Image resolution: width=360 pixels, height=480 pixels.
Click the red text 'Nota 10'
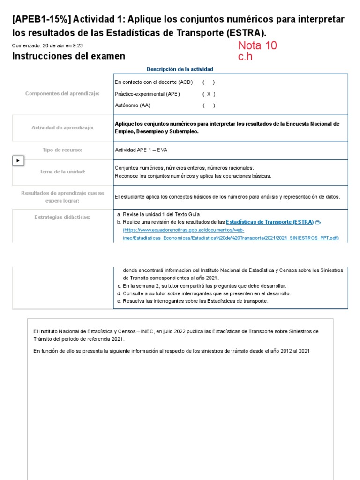click(x=257, y=45)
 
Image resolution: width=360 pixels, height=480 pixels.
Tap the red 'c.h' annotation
click(x=246, y=57)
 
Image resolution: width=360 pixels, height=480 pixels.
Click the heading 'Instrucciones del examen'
click(x=68, y=56)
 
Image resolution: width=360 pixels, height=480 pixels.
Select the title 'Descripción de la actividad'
click(x=180, y=69)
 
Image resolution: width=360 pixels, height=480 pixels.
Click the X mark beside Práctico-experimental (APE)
click(x=209, y=94)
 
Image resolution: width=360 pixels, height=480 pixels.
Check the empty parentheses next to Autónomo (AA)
click(x=209, y=105)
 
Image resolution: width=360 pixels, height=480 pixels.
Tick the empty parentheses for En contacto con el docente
click(x=209, y=82)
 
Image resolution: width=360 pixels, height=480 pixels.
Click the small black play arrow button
click(x=18, y=161)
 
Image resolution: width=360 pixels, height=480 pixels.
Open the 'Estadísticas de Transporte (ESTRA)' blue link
click(x=270, y=222)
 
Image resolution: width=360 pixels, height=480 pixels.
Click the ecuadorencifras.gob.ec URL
click(x=230, y=234)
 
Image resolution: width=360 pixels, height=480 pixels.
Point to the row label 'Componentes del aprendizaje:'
click(x=62, y=94)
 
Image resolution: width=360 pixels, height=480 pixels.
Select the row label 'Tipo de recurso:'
click(x=62, y=150)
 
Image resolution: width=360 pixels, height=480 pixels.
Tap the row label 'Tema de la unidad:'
click(x=62, y=172)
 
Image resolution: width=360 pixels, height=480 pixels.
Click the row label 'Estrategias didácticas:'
click(x=62, y=217)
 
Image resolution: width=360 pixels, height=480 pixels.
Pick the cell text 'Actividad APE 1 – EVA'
click(x=141, y=150)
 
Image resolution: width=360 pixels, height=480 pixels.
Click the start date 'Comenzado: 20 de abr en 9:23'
click(x=47, y=45)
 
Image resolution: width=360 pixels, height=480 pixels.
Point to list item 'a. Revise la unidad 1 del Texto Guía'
click(x=159, y=214)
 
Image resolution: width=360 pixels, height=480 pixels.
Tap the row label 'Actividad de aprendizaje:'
click(x=62, y=127)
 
